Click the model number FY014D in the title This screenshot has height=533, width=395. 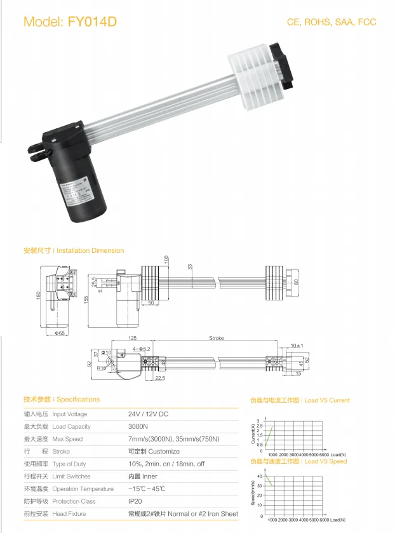point(92,22)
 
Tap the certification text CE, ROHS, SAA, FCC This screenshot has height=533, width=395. point(331,22)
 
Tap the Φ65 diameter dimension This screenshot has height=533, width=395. point(60,333)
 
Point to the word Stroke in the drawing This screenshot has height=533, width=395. point(216,339)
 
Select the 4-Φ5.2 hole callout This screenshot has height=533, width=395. point(140,349)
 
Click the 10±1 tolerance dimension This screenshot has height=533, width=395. point(297,346)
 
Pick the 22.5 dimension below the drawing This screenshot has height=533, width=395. point(159,378)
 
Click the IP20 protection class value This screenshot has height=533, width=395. point(135,501)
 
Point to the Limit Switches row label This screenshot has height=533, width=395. point(71,476)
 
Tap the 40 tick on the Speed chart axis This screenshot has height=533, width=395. point(259,476)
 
